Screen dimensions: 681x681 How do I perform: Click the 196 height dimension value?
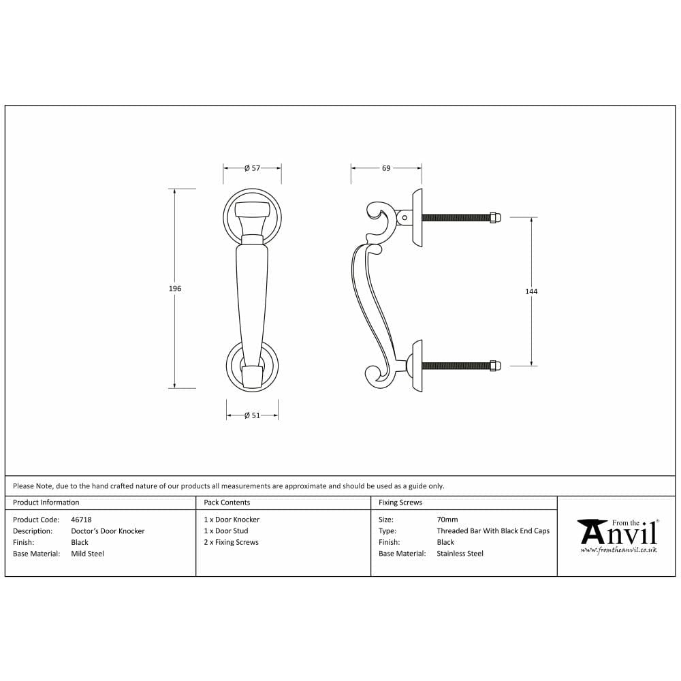pos(175,289)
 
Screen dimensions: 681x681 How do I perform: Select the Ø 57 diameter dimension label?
pos(252,168)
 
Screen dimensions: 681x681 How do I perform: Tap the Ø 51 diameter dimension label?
pos(252,415)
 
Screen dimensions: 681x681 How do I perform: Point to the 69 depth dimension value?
pos(386,168)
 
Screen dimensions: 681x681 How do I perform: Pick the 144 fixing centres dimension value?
pos(531,291)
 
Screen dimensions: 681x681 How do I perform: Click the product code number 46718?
pos(81,520)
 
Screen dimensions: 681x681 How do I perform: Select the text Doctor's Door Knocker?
pos(108,531)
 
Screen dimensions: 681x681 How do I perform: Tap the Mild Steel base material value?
pos(87,554)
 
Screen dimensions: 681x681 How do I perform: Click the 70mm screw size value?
pos(447,520)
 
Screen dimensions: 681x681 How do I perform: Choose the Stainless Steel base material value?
pos(460,554)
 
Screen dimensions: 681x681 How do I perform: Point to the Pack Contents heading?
pos(227,503)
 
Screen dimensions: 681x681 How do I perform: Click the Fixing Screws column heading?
pos(400,503)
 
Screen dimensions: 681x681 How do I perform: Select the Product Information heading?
pos(46,503)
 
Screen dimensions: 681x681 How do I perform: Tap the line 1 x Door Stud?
pos(226,531)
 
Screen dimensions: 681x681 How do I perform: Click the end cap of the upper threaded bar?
pos(495,217)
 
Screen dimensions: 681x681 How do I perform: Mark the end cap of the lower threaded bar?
pos(495,366)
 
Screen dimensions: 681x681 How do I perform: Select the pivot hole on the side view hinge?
pos(405,218)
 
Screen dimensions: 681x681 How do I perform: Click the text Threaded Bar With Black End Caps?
pos(493,531)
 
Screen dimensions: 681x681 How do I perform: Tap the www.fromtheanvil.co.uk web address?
pos(618,549)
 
